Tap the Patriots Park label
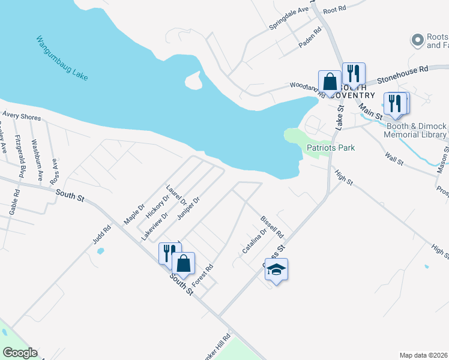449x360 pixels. (x=331, y=148)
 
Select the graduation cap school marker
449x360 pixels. (x=276, y=269)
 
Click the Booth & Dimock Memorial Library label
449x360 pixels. (x=415, y=130)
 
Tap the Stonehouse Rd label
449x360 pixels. (x=407, y=73)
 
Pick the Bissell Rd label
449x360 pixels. (x=271, y=226)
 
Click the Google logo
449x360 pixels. (x=19, y=353)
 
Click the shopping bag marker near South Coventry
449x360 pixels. (x=330, y=81)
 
